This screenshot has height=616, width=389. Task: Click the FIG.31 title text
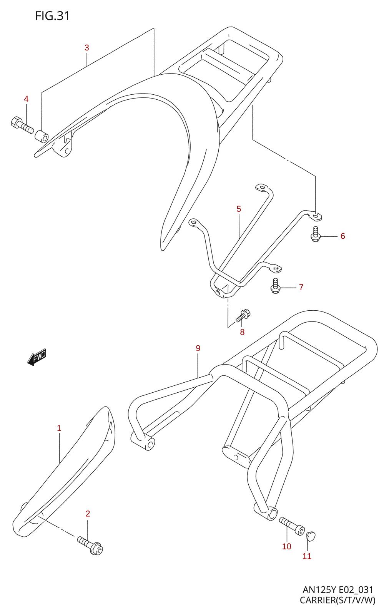pyautogui.click(x=52, y=16)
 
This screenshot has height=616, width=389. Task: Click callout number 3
pyautogui.click(x=87, y=48)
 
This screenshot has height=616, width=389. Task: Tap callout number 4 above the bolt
pyautogui.click(x=26, y=99)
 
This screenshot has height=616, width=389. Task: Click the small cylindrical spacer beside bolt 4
pyautogui.click(x=42, y=136)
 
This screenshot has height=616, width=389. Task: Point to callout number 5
pyautogui.click(x=239, y=209)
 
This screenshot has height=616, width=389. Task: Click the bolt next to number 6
pyautogui.click(x=315, y=234)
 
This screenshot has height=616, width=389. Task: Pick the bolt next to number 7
pyautogui.click(x=274, y=286)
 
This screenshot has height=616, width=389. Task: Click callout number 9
pyautogui.click(x=198, y=348)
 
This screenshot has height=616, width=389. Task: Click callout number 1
pyautogui.click(x=59, y=428)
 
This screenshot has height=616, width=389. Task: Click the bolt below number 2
pyautogui.click(x=91, y=546)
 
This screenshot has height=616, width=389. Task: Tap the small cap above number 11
pyautogui.click(x=311, y=535)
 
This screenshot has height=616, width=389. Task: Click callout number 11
pyautogui.click(x=307, y=556)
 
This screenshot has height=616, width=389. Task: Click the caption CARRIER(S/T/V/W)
pyautogui.click(x=337, y=600)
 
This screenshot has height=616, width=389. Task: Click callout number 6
pyautogui.click(x=343, y=236)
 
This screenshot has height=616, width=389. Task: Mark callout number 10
pyautogui.click(x=287, y=546)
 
